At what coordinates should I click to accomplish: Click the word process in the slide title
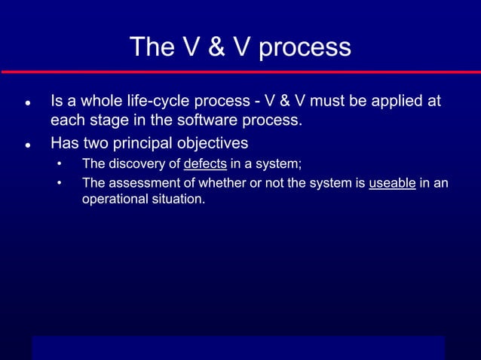305,48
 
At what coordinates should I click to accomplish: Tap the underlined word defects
205,164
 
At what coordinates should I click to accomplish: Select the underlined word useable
392,183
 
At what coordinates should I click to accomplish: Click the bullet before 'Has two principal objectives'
26,144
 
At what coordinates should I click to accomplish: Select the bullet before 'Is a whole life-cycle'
26,102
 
